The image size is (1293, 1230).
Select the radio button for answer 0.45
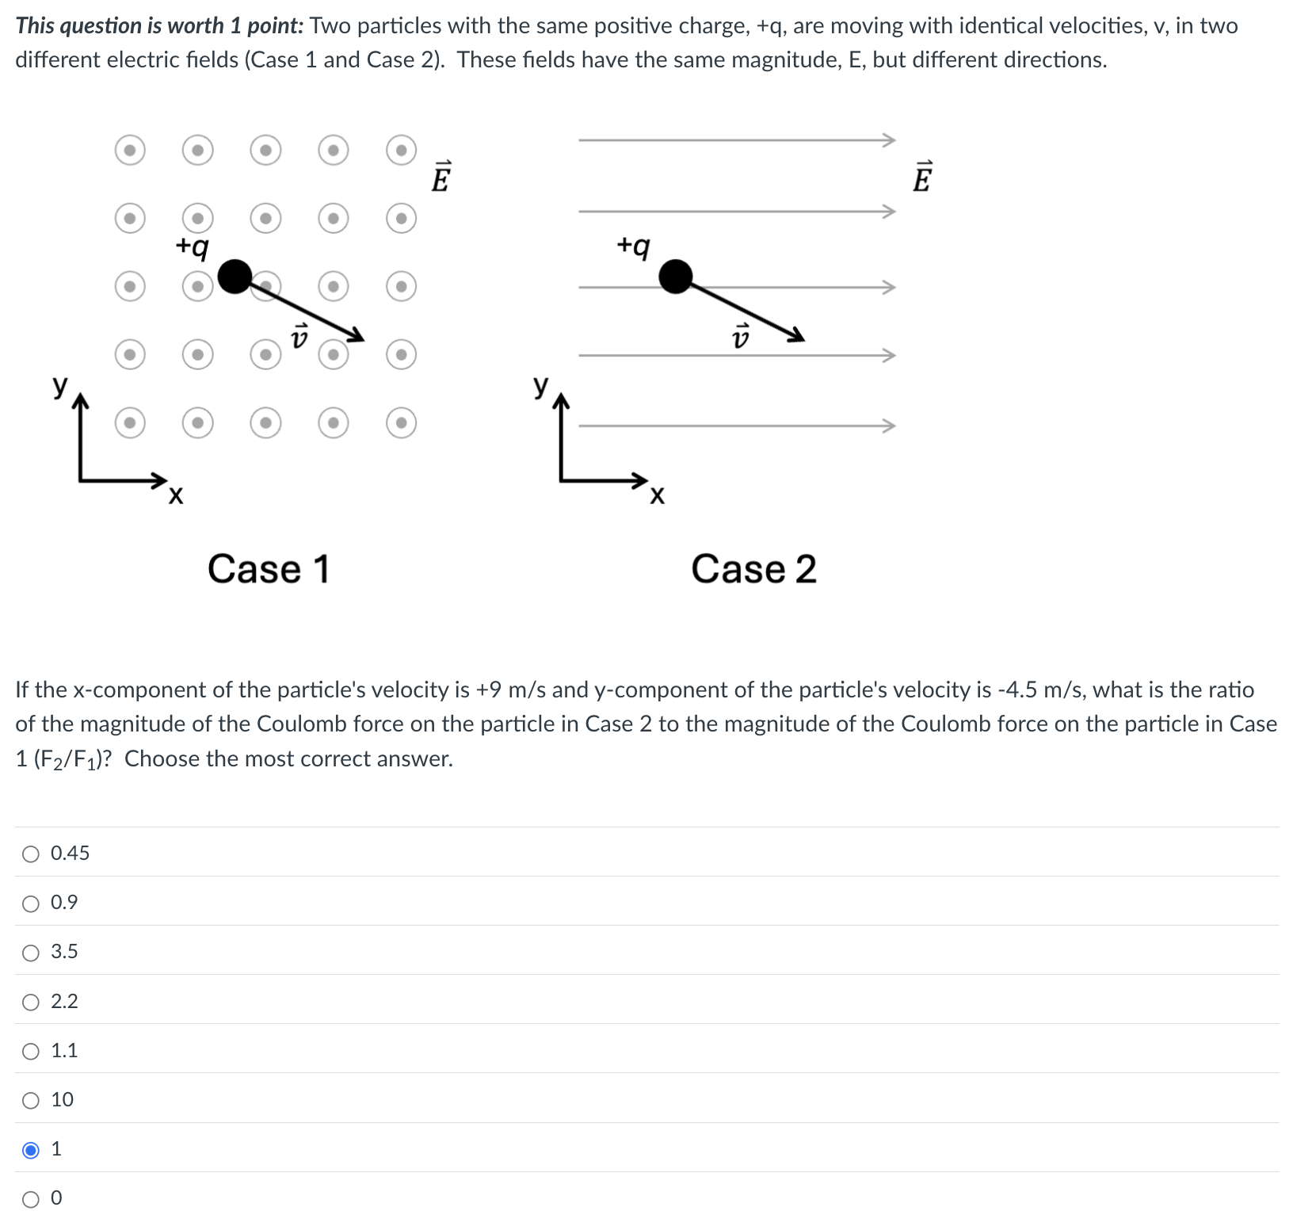point(31,854)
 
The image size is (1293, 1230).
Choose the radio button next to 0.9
point(31,903)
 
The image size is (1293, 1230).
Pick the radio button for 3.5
point(31,953)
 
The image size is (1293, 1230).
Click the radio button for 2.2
point(31,1003)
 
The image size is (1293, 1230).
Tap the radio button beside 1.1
point(31,1052)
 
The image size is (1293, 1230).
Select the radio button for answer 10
point(31,1100)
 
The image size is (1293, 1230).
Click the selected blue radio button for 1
point(31,1149)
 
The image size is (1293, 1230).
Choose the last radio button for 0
point(31,1199)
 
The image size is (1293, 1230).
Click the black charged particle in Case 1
point(235,277)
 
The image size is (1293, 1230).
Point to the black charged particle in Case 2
point(676,277)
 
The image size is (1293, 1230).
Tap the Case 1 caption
point(268,569)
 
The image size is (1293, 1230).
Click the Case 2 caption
point(753,569)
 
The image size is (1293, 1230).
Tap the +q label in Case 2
point(633,246)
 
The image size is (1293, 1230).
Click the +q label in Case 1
point(193,246)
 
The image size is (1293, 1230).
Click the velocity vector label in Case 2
point(740,338)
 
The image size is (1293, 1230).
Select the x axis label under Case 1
point(175,496)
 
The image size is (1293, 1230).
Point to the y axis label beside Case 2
point(540,386)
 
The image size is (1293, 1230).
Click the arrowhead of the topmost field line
point(890,140)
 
